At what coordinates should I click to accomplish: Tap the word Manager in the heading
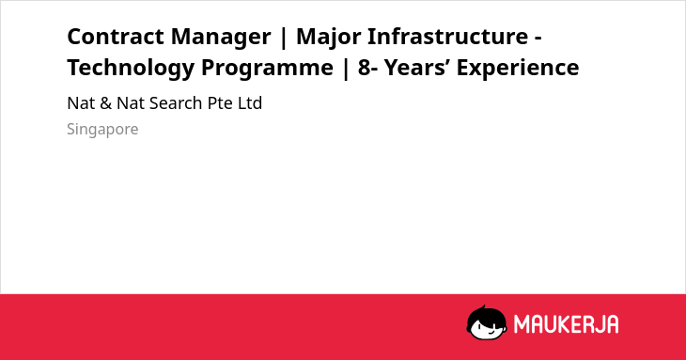point(221,38)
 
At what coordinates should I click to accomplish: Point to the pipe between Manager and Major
point(284,38)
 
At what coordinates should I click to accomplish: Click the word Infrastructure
point(447,37)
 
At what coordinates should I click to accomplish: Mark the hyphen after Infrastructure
point(538,39)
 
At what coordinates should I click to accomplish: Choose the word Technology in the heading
point(131,69)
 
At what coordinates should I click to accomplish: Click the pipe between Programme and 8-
point(346,70)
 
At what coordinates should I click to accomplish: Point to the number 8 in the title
point(364,68)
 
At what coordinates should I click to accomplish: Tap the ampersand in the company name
point(105,103)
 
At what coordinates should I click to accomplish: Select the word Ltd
point(250,103)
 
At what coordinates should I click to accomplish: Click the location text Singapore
point(102,130)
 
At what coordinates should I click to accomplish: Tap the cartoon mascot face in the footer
point(487,323)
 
